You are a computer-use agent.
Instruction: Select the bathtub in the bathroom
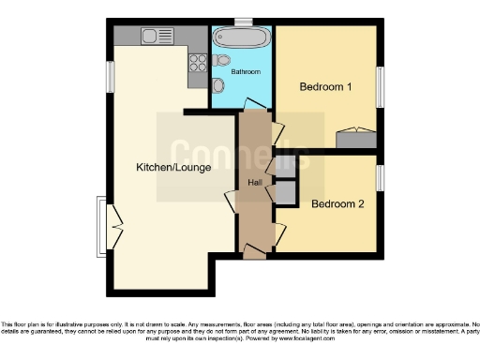[x=241, y=38]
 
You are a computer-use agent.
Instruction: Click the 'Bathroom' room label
[x=246, y=72]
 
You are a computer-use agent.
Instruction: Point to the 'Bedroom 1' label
[x=325, y=87]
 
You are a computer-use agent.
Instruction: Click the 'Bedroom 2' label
[x=337, y=203]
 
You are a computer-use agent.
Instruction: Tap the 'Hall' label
[x=254, y=182]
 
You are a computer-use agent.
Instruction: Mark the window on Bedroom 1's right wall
[x=380, y=87]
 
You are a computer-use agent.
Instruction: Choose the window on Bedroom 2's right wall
[x=380, y=177]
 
